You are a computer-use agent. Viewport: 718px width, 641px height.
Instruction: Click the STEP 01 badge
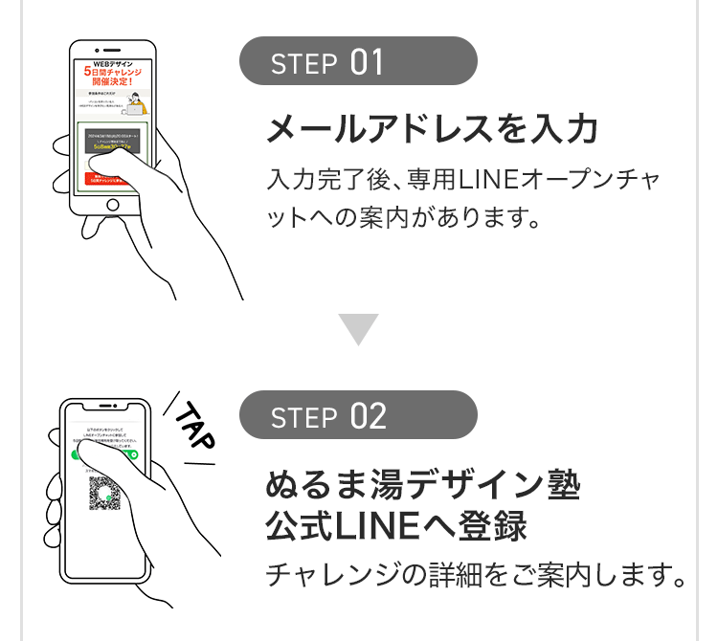click(x=357, y=62)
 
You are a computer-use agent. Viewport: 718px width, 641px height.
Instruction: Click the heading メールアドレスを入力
click(x=432, y=129)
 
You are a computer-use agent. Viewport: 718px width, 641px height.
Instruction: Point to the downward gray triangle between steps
click(x=359, y=328)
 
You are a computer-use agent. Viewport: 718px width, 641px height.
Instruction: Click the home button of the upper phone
click(x=113, y=205)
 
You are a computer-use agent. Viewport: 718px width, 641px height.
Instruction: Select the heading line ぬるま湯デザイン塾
click(x=422, y=486)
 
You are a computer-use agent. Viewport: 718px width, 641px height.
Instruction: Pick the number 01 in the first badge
click(x=368, y=62)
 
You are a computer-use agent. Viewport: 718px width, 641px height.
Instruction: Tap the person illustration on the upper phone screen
click(x=137, y=101)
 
